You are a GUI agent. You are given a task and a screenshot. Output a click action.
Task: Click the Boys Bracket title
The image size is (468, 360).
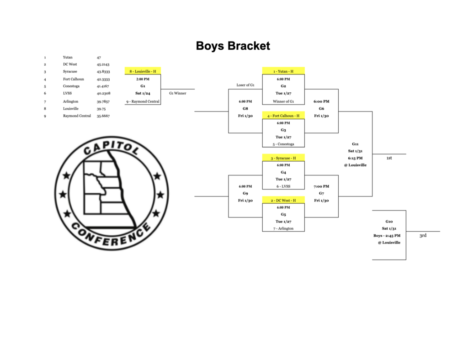pos(233,46)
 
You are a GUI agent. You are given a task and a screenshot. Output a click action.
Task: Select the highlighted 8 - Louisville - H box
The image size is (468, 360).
pos(143,71)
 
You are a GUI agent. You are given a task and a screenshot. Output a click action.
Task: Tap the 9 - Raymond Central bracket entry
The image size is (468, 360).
pos(143,101)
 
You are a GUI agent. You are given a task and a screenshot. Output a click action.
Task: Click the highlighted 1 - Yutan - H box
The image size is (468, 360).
pos(283,71)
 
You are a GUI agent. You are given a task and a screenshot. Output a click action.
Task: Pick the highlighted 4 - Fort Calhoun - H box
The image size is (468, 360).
pos(283,116)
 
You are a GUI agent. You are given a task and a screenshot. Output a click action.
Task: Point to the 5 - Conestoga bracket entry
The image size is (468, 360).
pos(283,144)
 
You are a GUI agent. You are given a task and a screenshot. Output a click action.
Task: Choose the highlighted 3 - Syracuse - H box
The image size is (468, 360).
pos(283,158)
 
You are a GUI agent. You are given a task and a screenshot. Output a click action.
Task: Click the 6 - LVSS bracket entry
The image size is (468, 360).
pos(283,186)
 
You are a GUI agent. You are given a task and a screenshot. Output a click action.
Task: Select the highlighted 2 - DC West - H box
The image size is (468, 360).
pos(283,201)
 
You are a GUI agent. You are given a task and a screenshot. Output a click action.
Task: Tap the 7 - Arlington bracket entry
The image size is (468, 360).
pos(283,228)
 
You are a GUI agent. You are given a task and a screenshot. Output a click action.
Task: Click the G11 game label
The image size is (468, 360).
pos(355,144)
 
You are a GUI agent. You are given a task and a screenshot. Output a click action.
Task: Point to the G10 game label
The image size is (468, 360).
pos(389,221)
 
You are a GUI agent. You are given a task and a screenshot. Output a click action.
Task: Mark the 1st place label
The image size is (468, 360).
pos(389,158)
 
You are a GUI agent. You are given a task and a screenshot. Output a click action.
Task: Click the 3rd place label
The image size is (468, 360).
pos(423,236)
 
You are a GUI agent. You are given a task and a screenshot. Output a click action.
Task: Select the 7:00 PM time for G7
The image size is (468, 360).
pos(321,186)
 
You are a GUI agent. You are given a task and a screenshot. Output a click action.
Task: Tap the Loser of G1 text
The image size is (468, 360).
pos(245,85)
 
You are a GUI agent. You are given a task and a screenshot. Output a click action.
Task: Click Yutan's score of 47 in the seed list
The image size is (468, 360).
pos(99,58)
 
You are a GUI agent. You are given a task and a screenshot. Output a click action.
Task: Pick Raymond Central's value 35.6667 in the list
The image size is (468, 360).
pos(103,116)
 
